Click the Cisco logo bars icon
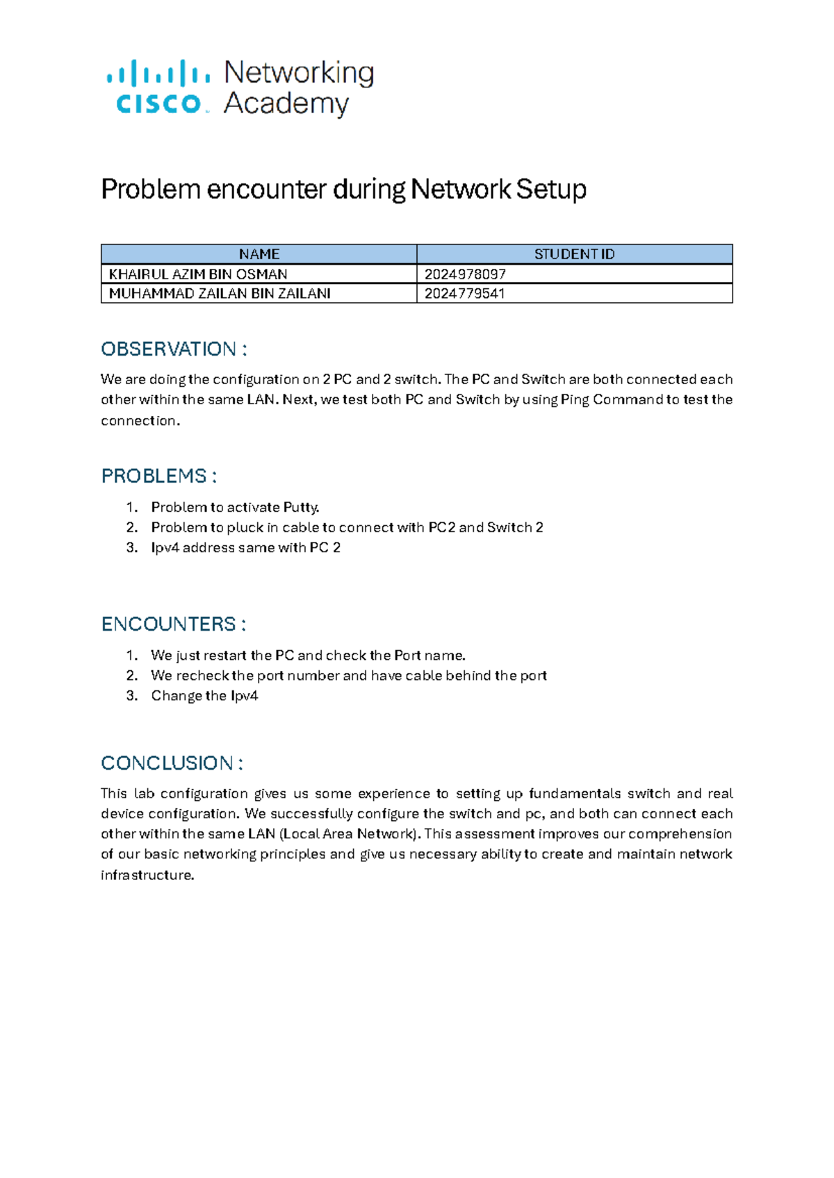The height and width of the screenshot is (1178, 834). coord(158,73)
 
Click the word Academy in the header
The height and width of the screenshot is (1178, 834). coord(286,103)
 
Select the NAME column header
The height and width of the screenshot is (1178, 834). coord(259,254)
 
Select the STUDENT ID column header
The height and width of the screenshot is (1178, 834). coord(574,254)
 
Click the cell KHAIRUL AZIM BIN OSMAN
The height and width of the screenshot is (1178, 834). coord(198,274)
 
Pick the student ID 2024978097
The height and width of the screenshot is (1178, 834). coord(465,274)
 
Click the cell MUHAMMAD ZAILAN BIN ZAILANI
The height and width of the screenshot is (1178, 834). coord(220,293)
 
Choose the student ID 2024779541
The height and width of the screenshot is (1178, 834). coord(464,293)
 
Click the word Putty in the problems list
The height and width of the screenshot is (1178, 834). coord(300,507)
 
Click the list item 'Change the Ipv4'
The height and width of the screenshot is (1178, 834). coord(204,695)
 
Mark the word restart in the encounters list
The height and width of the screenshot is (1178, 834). coord(224,655)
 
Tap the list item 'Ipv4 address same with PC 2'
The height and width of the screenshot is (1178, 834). coord(245,547)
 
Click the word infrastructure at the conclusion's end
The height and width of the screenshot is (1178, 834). coord(147,874)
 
